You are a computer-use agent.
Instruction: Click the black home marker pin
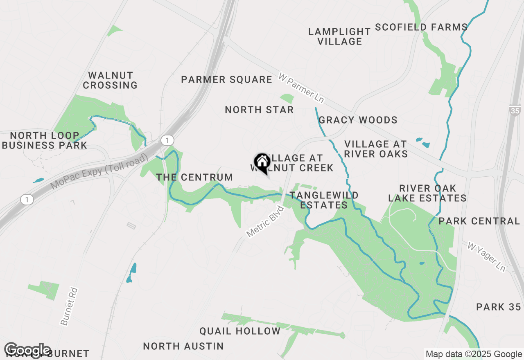pos(262,162)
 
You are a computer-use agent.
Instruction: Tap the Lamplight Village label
pos(339,36)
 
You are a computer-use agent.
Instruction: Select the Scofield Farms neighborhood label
pos(421,27)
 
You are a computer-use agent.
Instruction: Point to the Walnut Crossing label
pos(110,80)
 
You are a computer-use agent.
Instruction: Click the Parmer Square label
pos(226,79)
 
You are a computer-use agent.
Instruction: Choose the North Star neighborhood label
pos(259,110)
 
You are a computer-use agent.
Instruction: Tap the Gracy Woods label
pos(358,120)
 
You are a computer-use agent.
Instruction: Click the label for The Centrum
pos(194,177)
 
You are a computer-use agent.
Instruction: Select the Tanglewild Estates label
pos(324,200)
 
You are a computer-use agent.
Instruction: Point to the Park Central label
pos(479,221)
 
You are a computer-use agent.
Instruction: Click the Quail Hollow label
pos(240,331)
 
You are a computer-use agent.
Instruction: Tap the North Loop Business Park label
pos(45,140)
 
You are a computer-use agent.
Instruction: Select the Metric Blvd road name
pos(265,222)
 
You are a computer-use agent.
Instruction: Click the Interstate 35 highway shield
pos(515,110)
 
